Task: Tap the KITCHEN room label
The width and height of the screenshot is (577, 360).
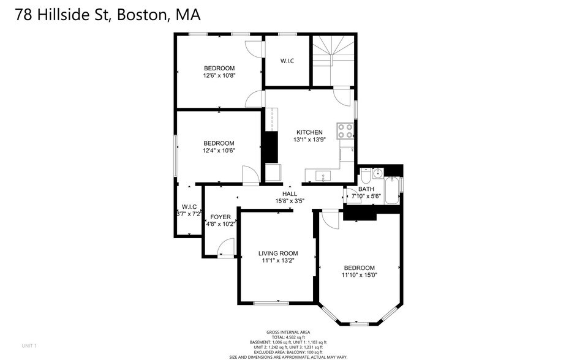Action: tap(309, 132)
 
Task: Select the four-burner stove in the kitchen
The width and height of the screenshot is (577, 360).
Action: tap(345, 131)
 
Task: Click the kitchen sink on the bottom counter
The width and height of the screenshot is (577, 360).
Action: tap(323, 176)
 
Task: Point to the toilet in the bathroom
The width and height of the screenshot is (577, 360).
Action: tap(366, 176)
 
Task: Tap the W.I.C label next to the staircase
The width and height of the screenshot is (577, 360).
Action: tap(287, 61)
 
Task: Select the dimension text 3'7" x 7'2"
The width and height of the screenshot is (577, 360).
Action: tap(189, 214)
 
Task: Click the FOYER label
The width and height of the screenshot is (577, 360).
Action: tap(221, 217)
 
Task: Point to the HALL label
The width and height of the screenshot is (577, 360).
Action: tap(290, 193)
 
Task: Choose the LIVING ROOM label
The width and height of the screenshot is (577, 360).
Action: tap(277, 253)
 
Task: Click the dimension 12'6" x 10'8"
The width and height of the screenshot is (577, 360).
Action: tap(219, 75)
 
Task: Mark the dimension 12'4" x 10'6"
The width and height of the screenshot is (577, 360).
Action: tap(219, 151)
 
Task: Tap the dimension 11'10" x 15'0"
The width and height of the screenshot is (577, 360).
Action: tap(359, 276)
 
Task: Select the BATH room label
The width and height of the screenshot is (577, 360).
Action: tap(366, 189)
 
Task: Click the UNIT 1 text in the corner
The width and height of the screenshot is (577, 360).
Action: tap(29, 346)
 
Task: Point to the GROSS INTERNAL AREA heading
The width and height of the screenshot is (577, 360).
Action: tap(288, 332)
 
